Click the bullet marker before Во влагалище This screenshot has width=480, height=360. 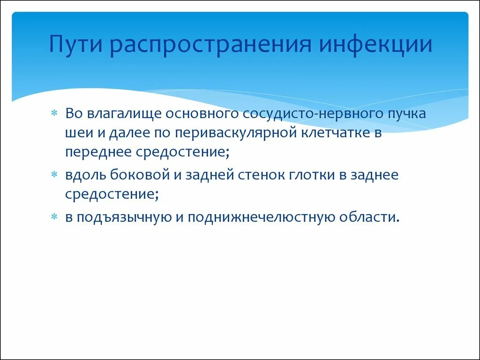click(54, 113)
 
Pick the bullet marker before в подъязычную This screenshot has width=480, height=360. click(54, 217)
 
